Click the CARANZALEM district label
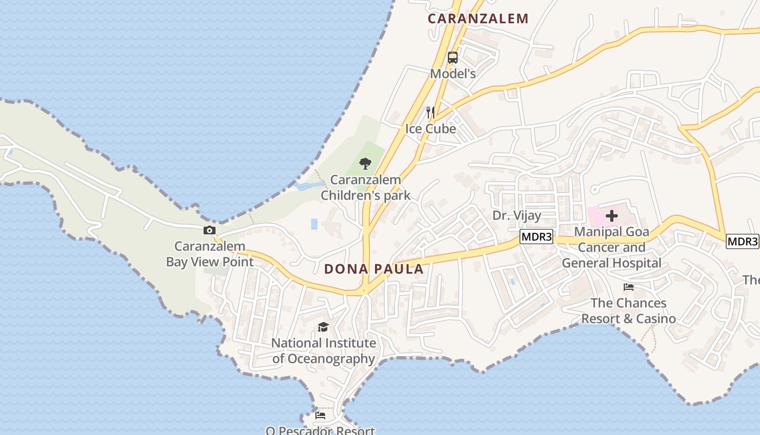[x=478, y=18]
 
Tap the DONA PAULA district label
[x=373, y=269]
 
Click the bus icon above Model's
[x=453, y=58]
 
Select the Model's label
[x=453, y=73]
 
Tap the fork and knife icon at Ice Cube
[x=430, y=113]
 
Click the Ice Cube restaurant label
[x=430, y=129]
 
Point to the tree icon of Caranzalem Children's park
[x=365, y=163]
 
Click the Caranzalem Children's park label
[x=365, y=188]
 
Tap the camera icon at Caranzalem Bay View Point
[x=210, y=231]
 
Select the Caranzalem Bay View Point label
[x=210, y=254]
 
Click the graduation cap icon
[x=324, y=327]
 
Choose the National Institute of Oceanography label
[x=324, y=351]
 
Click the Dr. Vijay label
[x=517, y=215]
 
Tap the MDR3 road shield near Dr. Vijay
[x=536, y=237]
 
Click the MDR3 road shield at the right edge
[x=742, y=241]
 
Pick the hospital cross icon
[x=612, y=216]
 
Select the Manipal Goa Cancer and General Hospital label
[x=612, y=247]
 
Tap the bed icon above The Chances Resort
[x=629, y=287]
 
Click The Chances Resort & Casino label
[x=629, y=310]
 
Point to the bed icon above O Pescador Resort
[x=320, y=416]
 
